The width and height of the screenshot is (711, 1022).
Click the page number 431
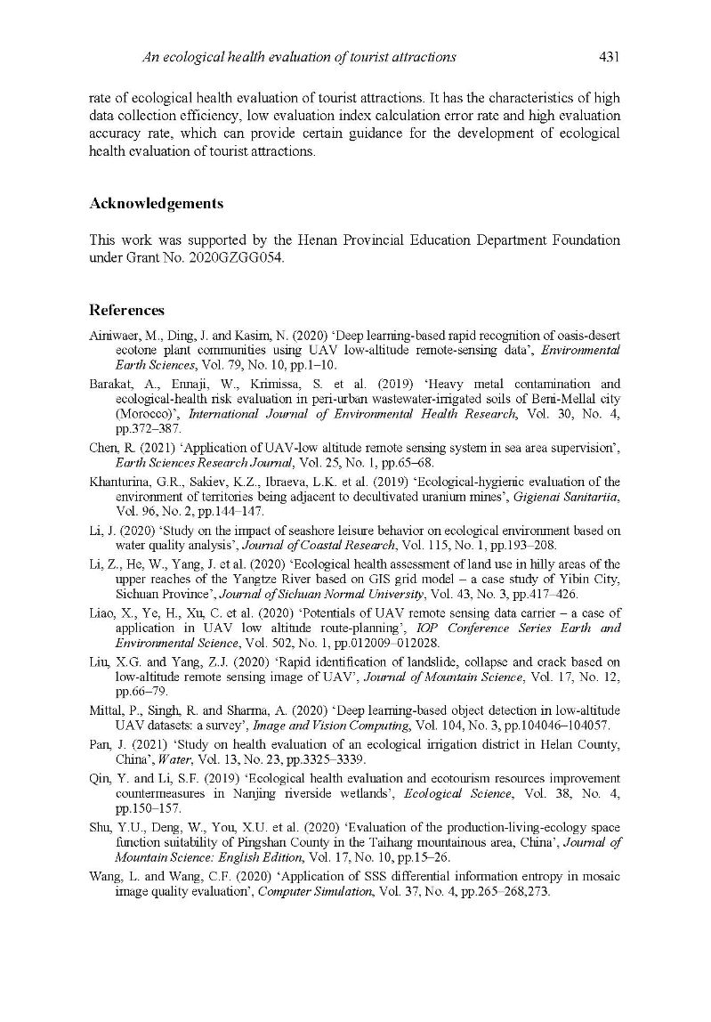tap(609, 57)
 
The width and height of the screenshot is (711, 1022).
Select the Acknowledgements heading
tap(156, 204)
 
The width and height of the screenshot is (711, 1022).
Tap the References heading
tap(126, 311)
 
